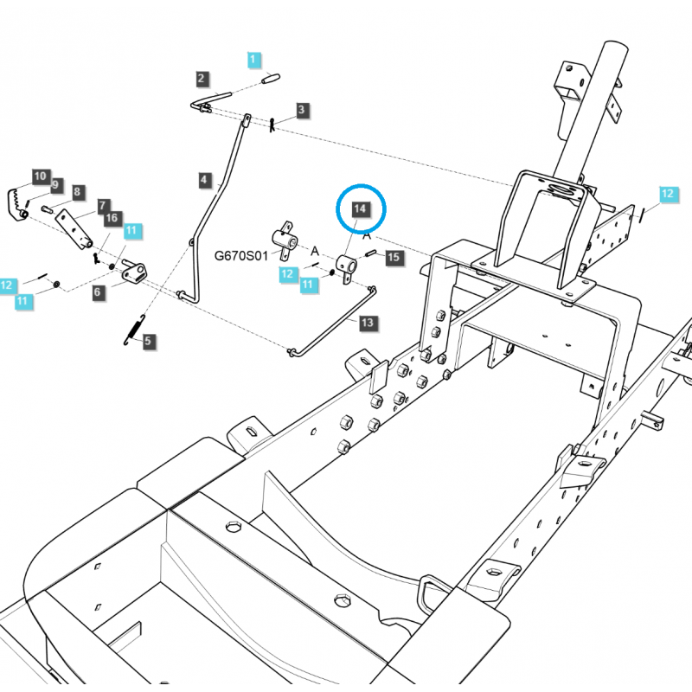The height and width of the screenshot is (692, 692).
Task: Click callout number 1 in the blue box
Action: (253, 60)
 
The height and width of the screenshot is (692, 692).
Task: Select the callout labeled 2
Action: (201, 79)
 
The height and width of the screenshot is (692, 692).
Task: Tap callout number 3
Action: (301, 110)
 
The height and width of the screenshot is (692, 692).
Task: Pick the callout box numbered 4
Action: (204, 180)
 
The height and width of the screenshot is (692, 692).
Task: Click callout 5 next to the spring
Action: (147, 341)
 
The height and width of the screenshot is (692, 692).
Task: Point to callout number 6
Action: (98, 292)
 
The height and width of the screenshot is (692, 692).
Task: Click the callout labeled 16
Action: (112, 217)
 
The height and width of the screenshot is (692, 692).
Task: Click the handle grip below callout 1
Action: (271, 79)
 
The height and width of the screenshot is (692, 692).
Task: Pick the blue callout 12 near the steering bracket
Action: (667, 194)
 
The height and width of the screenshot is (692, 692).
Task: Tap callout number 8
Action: (77, 192)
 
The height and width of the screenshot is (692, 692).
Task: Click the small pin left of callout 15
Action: (371, 253)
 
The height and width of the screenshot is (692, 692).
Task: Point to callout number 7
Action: (102, 206)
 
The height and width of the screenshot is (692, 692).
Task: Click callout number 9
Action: (54, 184)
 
